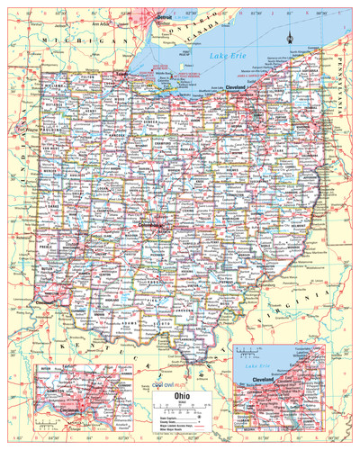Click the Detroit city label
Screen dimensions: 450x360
tap(164, 17)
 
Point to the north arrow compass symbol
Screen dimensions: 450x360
tap(289, 37)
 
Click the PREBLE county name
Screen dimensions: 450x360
tap(46, 244)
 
